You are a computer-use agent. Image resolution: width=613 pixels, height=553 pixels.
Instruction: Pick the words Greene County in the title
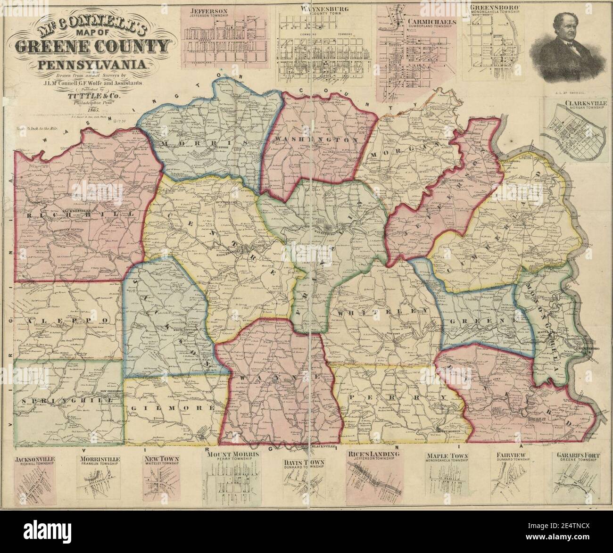pyautogui.click(x=91, y=47)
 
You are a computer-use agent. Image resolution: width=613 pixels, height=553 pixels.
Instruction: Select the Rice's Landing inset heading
pyautogui.click(x=374, y=454)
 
